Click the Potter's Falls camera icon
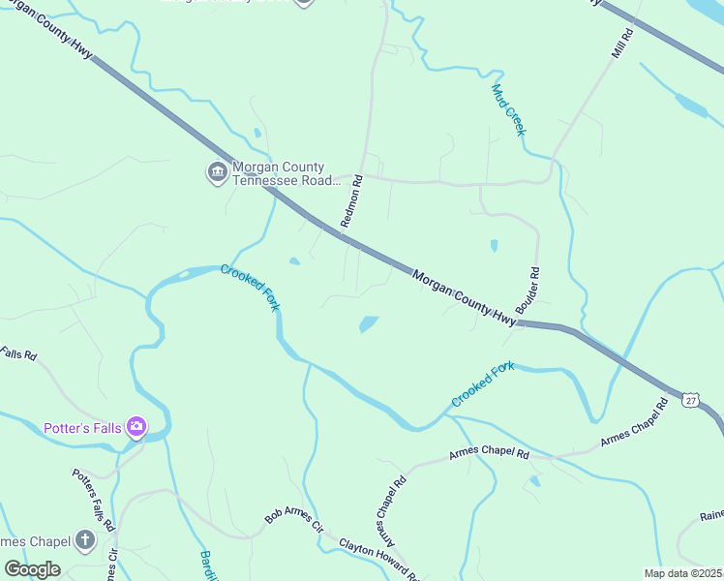click(x=136, y=426)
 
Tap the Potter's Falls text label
click(x=84, y=427)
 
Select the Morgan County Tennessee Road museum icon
click(x=217, y=173)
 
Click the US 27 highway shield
click(x=689, y=400)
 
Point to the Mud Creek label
click(x=507, y=109)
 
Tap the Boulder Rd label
click(x=528, y=290)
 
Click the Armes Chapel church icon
click(x=85, y=540)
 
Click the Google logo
click(x=32, y=569)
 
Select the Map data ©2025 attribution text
click(x=682, y=573)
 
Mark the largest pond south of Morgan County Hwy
click(x=369, y=323)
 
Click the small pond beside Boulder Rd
click(x=494, y=246)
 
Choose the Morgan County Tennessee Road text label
click(x=286, y=173)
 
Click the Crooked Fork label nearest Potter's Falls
click(x=250, y=288)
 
